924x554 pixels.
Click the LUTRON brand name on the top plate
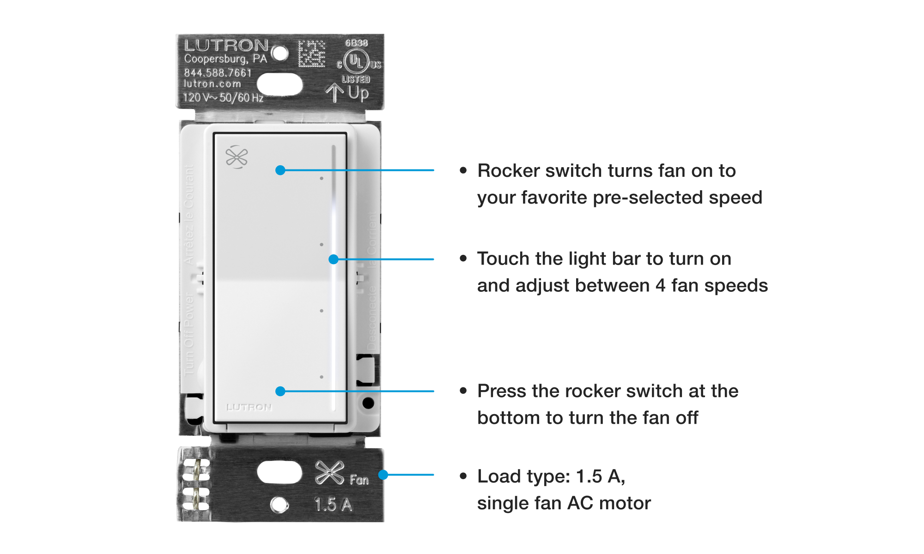tap(226, 46)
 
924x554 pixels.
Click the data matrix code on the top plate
tap(311, 54)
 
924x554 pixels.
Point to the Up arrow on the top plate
tap(334, 93)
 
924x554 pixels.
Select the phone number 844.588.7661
tap(218, 73)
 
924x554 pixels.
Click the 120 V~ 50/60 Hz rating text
tap(223, 98)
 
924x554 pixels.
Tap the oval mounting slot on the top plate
tap(280, 84)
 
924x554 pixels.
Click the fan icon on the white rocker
tap(237, 157)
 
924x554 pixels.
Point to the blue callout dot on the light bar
tap(333, 259)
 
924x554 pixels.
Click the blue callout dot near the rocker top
tap(280, 170)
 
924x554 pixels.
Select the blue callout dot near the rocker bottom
tap(280, 391)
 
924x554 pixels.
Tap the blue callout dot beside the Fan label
tap(383, 475)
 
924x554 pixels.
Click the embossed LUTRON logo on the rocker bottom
tap(249, 407)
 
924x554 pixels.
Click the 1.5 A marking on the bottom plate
tap(333, 505)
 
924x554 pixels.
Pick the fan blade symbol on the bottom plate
tap(329, 473)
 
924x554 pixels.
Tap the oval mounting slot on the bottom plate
tap(279, 473)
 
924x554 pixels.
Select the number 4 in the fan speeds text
tap(661, 286)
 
